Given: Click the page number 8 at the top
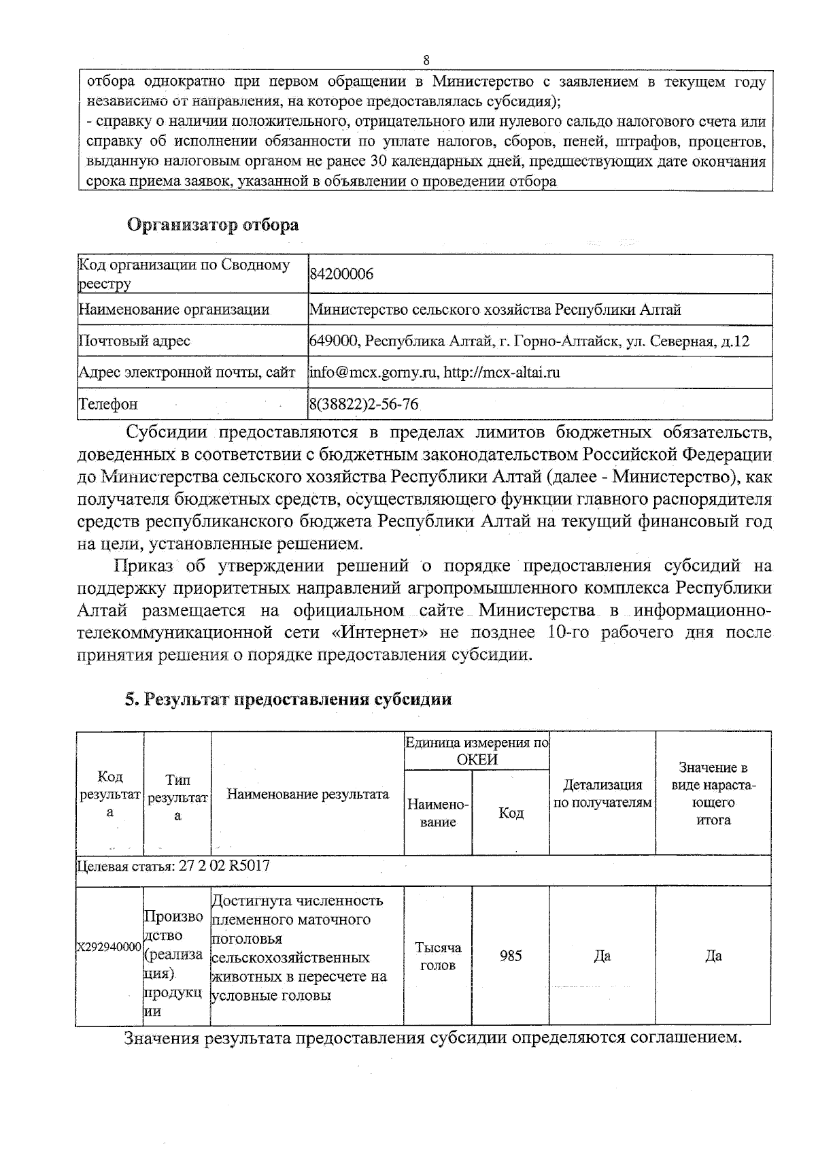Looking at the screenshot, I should [426, 60].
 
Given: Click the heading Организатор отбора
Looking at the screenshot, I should [213, 225].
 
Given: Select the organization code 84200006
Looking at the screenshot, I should [341, 274].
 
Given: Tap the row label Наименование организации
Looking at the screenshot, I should [175, 310].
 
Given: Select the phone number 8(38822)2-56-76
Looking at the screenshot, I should [364, 404].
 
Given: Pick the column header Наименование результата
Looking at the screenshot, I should [307, 794].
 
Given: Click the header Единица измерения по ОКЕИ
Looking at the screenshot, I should [477, 751].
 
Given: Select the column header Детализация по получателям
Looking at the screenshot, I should [602, 794].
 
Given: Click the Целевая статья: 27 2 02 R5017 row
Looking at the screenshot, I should [174, 867].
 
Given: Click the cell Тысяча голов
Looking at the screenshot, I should [438, 956].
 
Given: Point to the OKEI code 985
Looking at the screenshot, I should [511, 956].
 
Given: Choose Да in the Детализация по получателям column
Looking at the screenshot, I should [602, 956].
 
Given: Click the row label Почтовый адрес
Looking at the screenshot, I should [135, 341].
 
